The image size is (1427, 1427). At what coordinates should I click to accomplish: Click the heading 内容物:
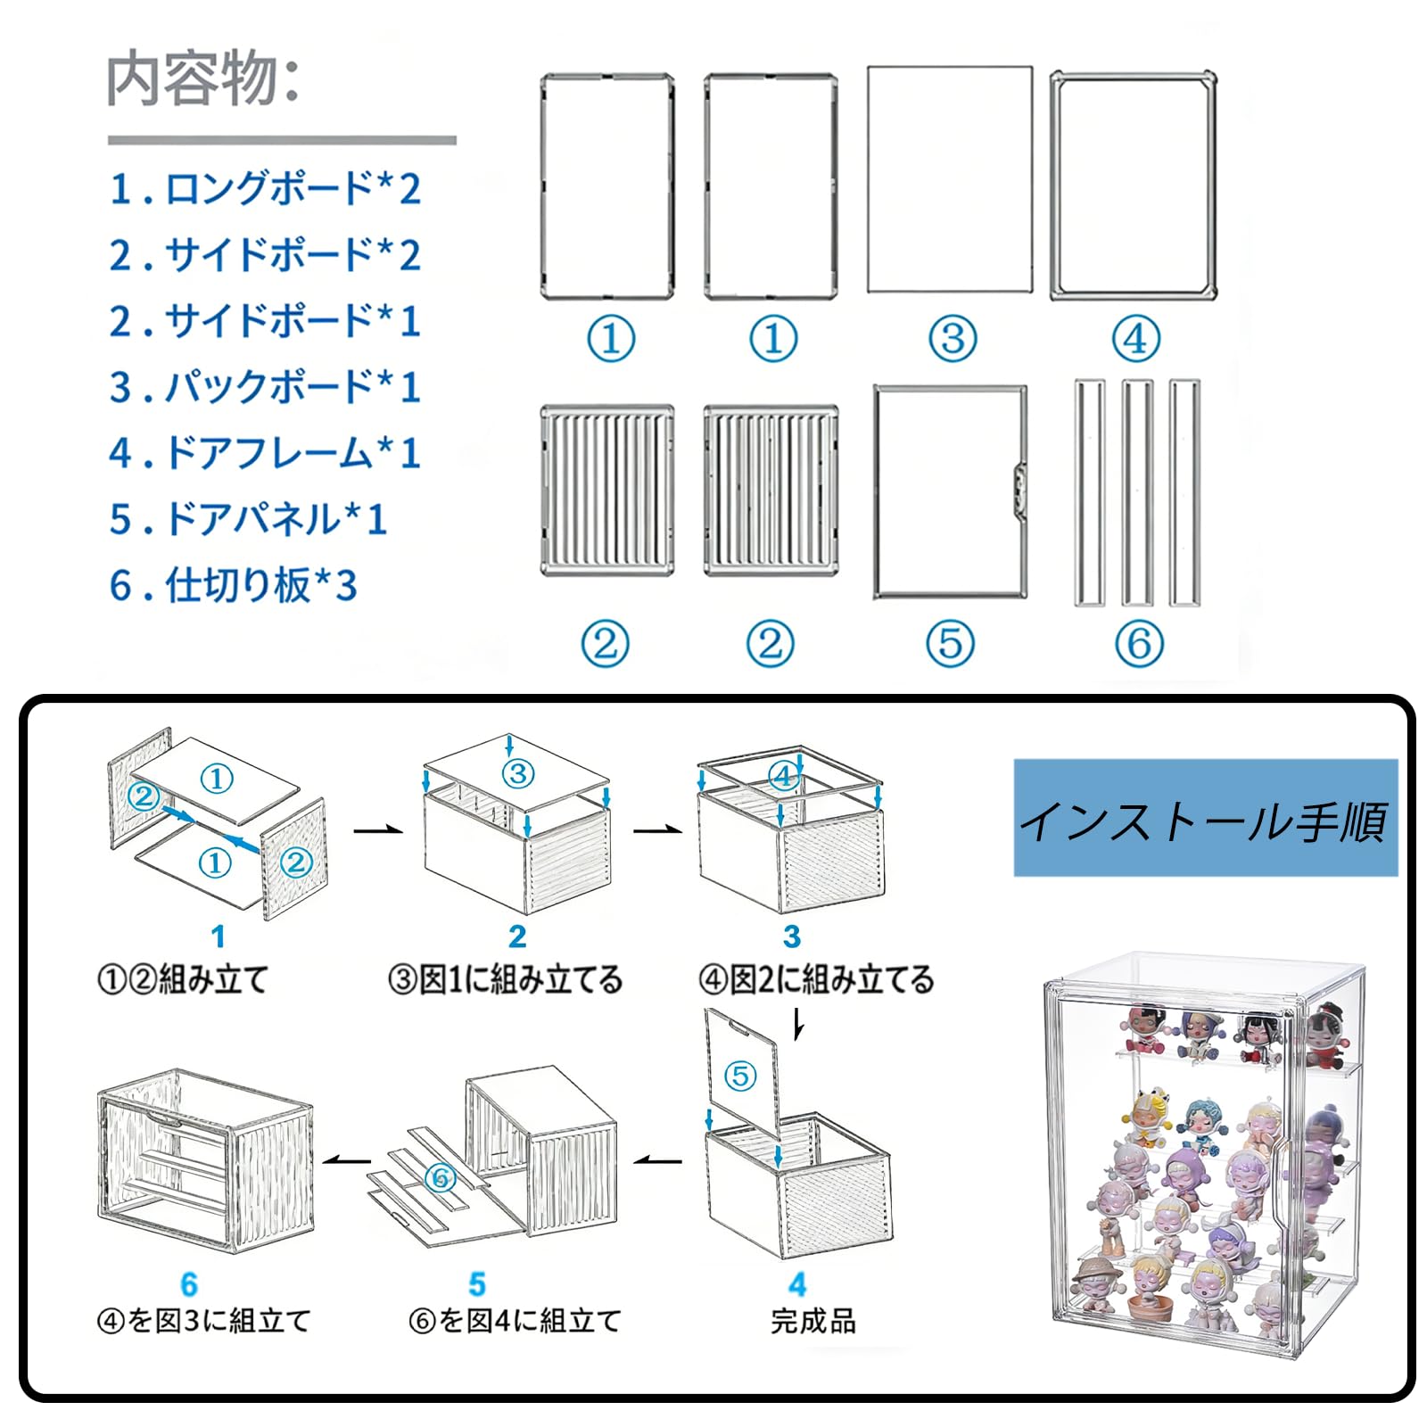point(203,78)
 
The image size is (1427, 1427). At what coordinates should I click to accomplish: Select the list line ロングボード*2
point(265,189)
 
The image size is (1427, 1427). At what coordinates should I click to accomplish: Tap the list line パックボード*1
point(265,387)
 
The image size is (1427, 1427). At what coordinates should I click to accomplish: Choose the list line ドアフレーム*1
point(265,453)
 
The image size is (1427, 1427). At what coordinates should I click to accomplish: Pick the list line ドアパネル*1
point(248,519)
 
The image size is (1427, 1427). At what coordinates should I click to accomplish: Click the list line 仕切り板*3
point(234,585)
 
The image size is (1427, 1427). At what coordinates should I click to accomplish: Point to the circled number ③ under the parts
point(953,339)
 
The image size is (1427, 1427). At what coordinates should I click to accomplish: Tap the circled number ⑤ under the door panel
point(950,643)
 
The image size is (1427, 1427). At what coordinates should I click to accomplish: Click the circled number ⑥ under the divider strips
point(1139,643)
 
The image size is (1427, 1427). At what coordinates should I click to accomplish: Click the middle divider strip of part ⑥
point(1137,493)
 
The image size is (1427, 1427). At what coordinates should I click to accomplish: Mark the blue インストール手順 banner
point(1205,818)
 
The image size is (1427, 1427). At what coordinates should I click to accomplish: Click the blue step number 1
point(218,936)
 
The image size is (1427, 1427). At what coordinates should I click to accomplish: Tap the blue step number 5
point(477,1284)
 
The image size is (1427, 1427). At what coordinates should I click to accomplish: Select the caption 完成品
point(812,1321)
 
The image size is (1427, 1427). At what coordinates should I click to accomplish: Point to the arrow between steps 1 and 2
point(377,831)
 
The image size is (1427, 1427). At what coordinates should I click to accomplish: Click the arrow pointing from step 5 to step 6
point(346,1160)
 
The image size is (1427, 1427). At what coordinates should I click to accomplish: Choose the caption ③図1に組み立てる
point(505,980)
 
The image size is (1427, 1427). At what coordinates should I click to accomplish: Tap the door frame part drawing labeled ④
point(1134,186)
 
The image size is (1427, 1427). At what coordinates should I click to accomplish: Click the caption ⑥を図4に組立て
point(515,1321)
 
